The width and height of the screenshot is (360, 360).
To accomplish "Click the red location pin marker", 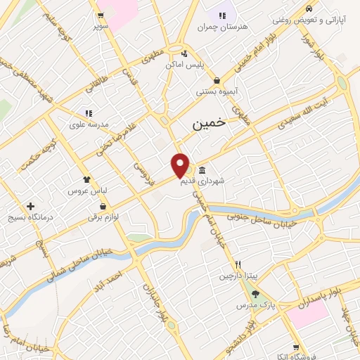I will (x=181, y=165).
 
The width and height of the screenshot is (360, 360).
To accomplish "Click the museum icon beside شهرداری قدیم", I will (x=202, y=169).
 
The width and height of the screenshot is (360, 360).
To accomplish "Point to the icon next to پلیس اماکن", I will (x=184, y=53).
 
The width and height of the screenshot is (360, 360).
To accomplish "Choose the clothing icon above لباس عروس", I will (x=86, y=179).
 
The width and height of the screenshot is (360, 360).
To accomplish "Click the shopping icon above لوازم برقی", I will (x=103, y=207).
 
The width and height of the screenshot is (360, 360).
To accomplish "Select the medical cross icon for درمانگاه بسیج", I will (x=30, y=207).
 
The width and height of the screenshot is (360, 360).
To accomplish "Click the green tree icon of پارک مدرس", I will (x=255, y=295).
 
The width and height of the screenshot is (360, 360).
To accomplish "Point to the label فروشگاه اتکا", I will (x=297, y=357).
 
